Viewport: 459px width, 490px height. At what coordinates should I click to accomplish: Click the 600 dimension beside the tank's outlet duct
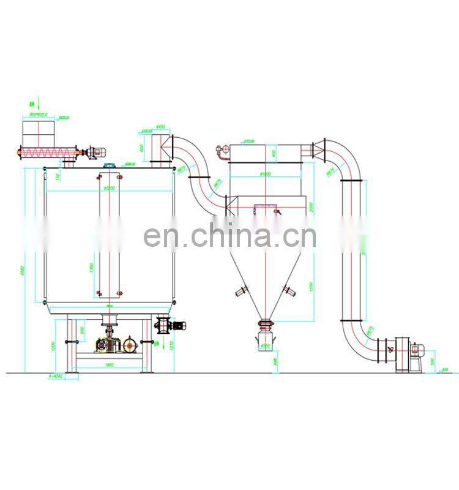(x=142, y=148)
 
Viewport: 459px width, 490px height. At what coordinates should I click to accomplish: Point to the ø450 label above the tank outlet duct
(x=161, y=127)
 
